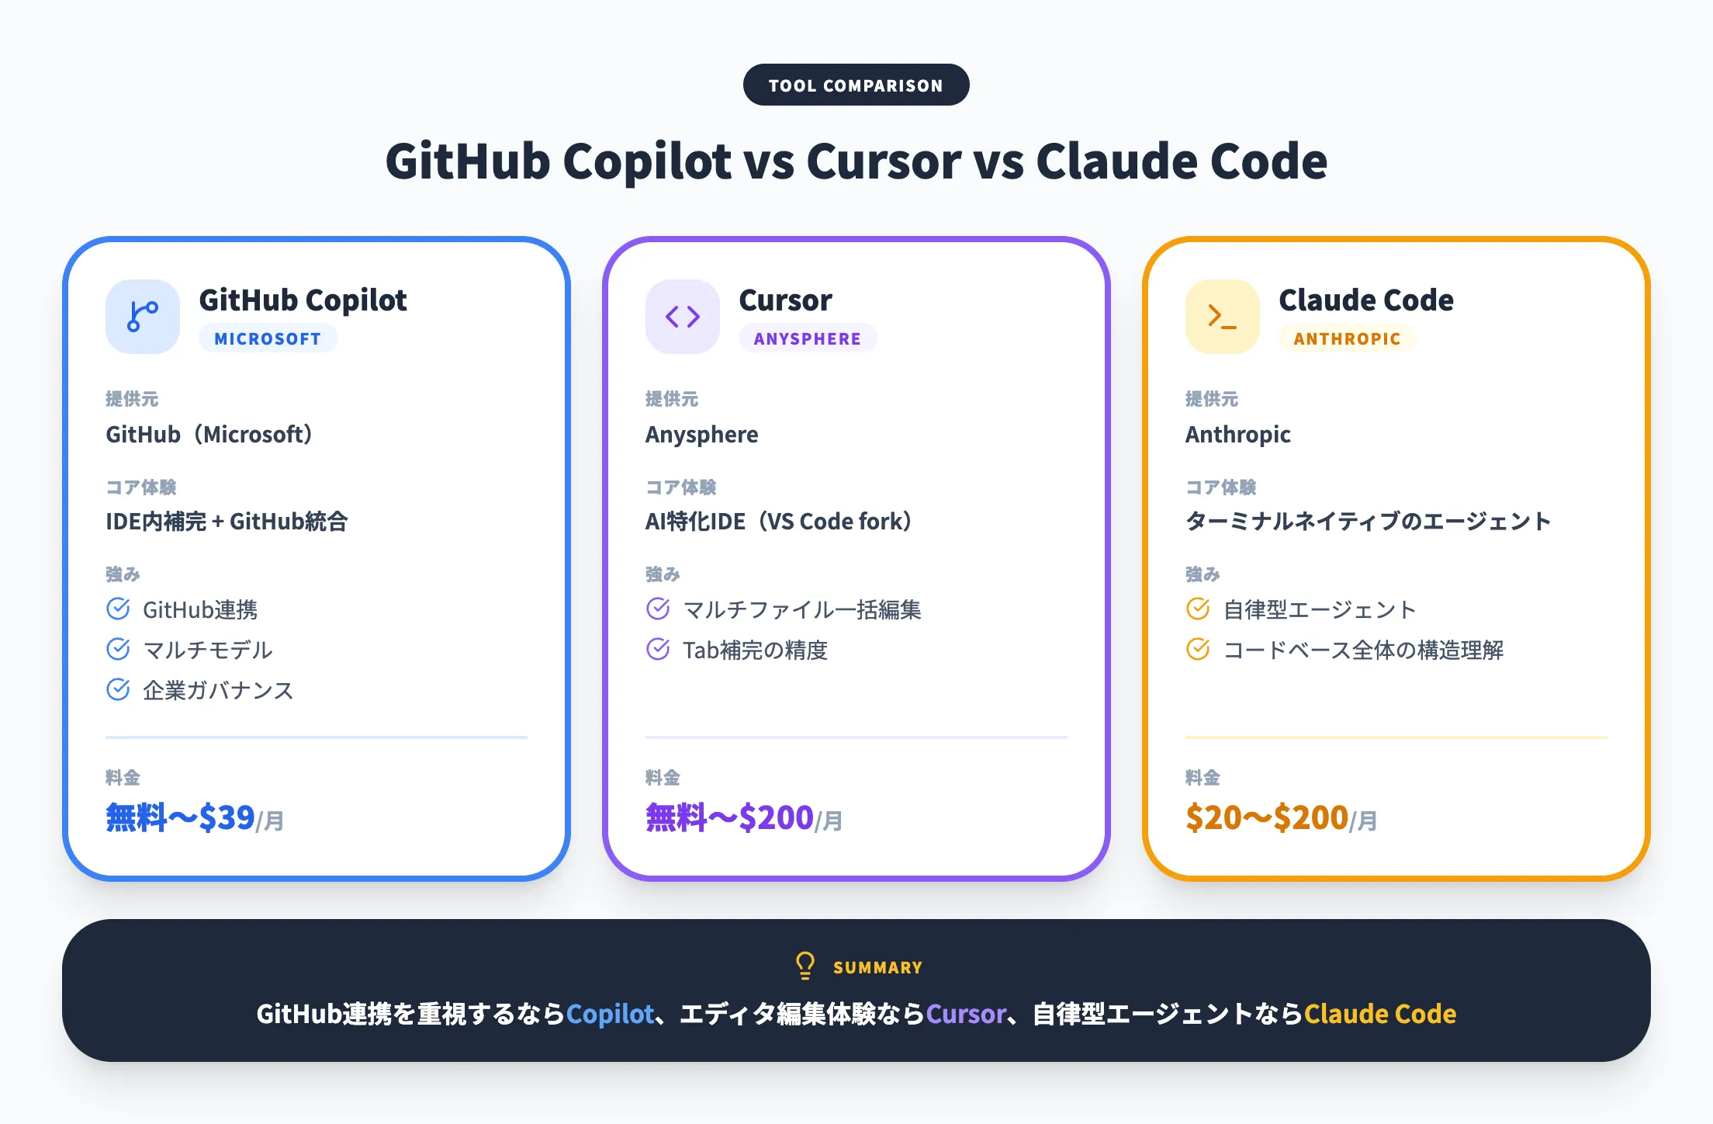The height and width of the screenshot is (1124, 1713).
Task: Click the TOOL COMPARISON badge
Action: click(856, 85)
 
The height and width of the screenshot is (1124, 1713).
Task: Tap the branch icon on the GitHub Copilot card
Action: click(143, 317)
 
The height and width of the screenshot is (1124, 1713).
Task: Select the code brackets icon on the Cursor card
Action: click(683, 317)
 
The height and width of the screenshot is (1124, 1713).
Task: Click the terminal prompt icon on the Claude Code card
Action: click(1222, 317)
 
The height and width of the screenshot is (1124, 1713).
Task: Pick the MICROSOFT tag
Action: click(268, 338)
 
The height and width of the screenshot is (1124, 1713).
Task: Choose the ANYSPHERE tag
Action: click(808, 338)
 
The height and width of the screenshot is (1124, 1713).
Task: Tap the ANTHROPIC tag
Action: click(1347, 338)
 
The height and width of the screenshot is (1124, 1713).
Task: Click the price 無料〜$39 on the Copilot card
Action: click(181, 818)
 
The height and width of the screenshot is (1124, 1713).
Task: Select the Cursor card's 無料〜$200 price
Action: click(729, 818)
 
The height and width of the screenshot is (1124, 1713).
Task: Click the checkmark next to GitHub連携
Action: click(118, 609)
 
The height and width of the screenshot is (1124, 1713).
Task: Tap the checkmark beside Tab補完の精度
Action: click(658, 649)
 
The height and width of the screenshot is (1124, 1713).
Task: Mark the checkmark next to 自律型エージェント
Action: click(1198, 609)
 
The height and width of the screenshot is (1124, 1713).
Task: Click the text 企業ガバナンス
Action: click(218, 690)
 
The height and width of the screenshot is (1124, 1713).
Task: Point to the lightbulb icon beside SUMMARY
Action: click(805, 966)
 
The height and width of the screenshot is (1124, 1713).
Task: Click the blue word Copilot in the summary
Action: click(610, 1014)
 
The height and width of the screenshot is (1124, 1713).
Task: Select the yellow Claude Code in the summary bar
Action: click(1379, 1014)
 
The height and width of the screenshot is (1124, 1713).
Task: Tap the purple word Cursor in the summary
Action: click(966, 1014)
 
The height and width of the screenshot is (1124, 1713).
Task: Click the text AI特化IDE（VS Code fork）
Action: click(778, 521)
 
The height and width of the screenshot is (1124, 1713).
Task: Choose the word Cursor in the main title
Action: click(884, 161)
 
